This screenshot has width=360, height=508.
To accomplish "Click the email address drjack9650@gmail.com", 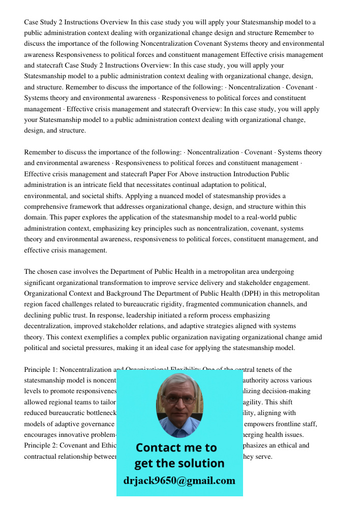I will pos(179,481).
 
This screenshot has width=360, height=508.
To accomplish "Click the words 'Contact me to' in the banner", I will pos(176,448).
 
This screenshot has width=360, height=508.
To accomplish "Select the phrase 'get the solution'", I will pos(179,463).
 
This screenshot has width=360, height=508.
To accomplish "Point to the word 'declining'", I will pos(40,315).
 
